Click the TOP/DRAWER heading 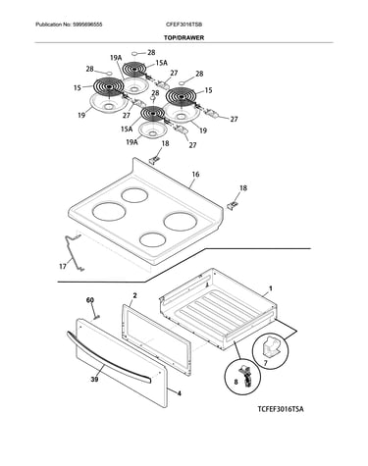[x=184, y=37]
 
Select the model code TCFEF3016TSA [x=281, y=409]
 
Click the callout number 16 [x=195, y=175]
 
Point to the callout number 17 [x=63, y=267]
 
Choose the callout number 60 [x=90, y=300]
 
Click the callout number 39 [x=94, y=380]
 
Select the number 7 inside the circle [x=265, y=363]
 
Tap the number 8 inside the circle [x=237, y=382]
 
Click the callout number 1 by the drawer [x=271, y=288]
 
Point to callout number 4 [x=179, y=393]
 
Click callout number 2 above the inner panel [x=134, y=295]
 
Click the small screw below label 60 [x=97, y=316]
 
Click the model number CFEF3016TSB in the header [x=184, y=25]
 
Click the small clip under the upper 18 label [x=154, y=159]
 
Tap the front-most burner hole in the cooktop [x=152, y=239]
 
